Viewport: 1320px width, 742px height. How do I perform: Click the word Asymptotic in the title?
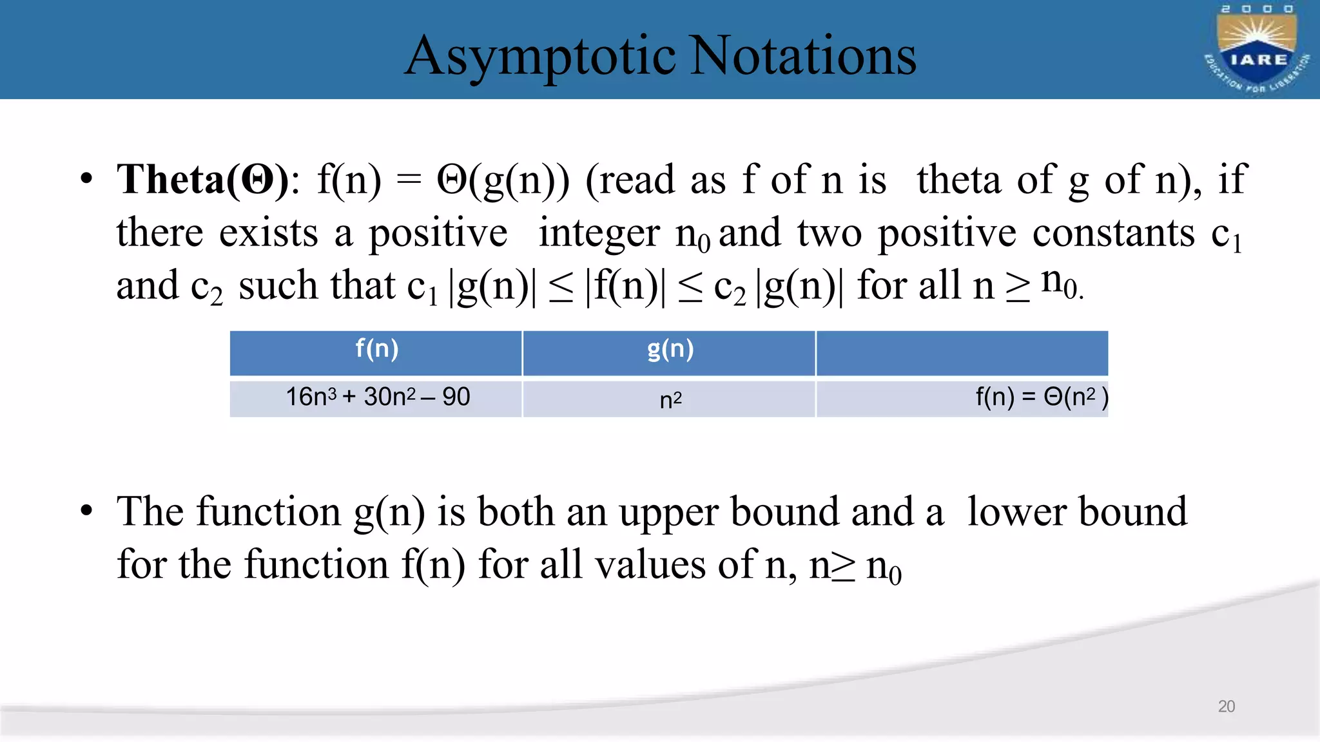point(540,57)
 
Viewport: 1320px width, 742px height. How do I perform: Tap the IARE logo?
point(1257,50)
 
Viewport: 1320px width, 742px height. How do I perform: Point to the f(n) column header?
point(376,349)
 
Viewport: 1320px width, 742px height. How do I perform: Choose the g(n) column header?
point(670,349)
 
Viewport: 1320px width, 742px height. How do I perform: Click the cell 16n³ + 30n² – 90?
point(378,397)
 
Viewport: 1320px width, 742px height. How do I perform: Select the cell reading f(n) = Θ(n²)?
point(1042,397)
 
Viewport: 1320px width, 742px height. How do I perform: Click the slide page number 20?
point(1226,707)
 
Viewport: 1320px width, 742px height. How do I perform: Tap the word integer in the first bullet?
point(599,233)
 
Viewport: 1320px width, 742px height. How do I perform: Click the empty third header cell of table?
point(962,353)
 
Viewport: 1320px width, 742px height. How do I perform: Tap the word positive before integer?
point(438,233)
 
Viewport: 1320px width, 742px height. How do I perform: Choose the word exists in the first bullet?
point(268,233)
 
